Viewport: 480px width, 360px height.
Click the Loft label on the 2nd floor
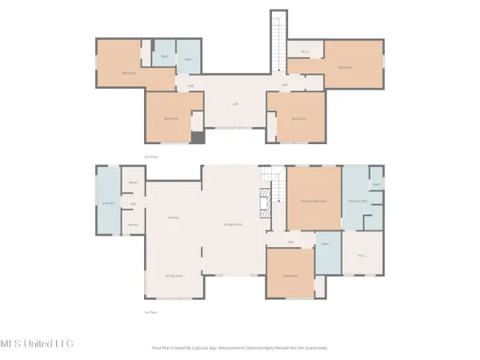(235, 103)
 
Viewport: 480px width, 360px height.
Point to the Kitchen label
(172, 217)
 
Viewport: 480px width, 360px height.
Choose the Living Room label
(233, 226)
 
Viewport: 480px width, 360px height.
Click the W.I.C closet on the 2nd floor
(305, 51)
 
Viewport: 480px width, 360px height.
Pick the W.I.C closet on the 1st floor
(361, 255)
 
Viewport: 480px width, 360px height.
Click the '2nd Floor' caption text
(152, 157)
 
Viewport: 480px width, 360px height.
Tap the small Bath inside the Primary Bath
(375, 183)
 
